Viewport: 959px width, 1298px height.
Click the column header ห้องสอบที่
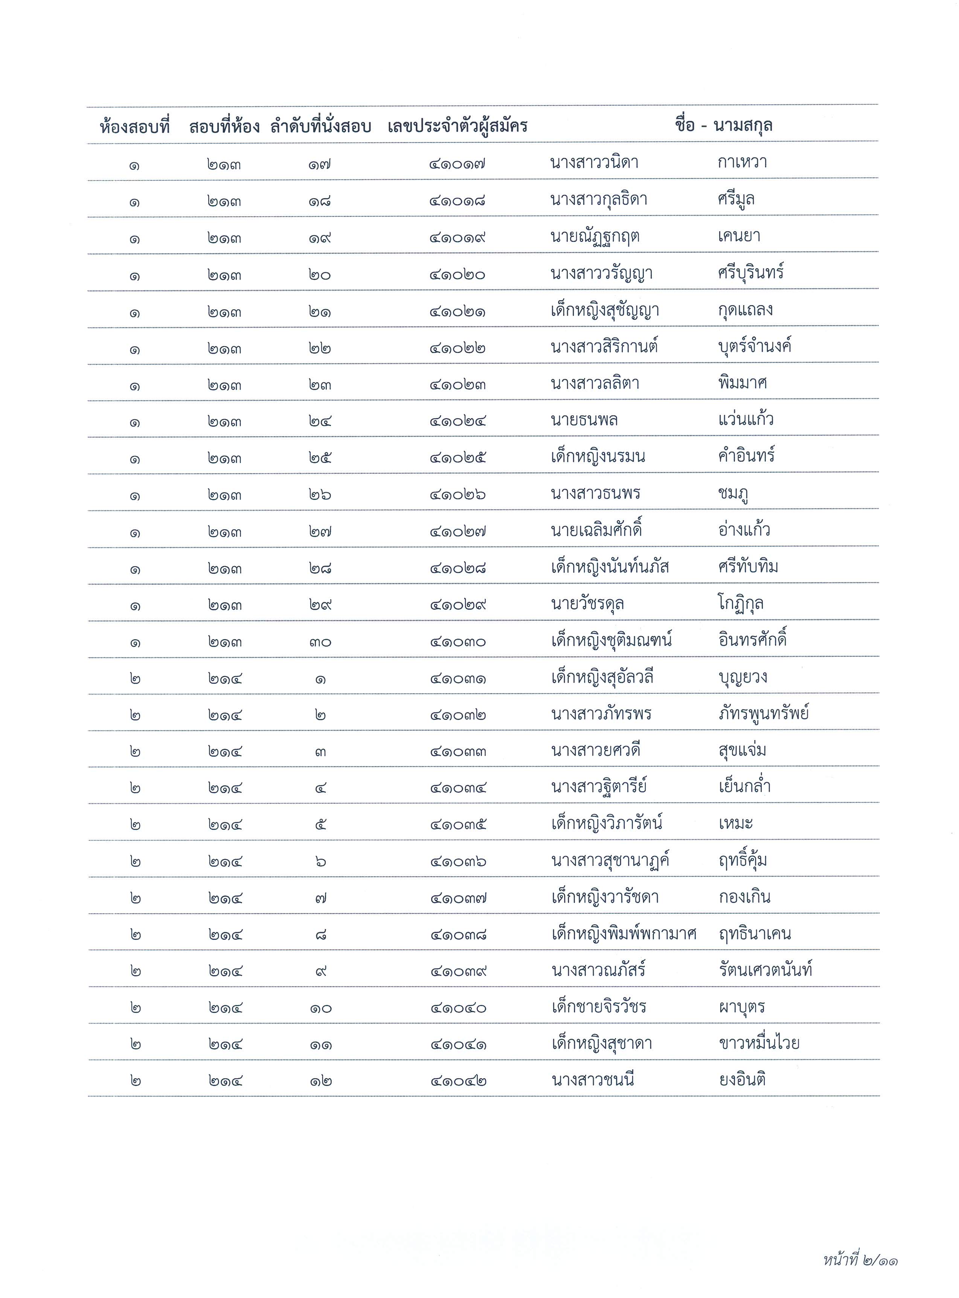[x=135, y=127]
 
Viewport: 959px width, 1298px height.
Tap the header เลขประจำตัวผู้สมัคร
[x=457, y=126]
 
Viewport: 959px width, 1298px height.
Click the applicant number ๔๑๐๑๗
[x=457, y=164]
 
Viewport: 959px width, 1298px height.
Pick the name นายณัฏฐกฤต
[x=595, y=237]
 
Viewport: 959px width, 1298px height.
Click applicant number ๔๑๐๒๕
[x=457, y=458]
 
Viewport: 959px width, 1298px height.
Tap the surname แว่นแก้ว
[x=746, y=419]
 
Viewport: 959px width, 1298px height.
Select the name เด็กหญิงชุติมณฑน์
[x=611, y=641]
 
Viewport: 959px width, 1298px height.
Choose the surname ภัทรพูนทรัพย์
[x=763, y=714]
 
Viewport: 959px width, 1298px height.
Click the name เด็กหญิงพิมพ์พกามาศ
[x=624, y=934]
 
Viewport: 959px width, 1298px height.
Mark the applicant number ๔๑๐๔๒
[x=458, y=1081]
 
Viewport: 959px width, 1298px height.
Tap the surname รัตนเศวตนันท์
[x=765, y=970]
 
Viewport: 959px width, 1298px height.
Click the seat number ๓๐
[x=320, y=642]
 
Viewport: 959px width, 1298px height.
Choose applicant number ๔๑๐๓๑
[x=458, y=678]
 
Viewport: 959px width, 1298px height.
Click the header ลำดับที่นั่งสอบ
[x=320, y=127]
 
